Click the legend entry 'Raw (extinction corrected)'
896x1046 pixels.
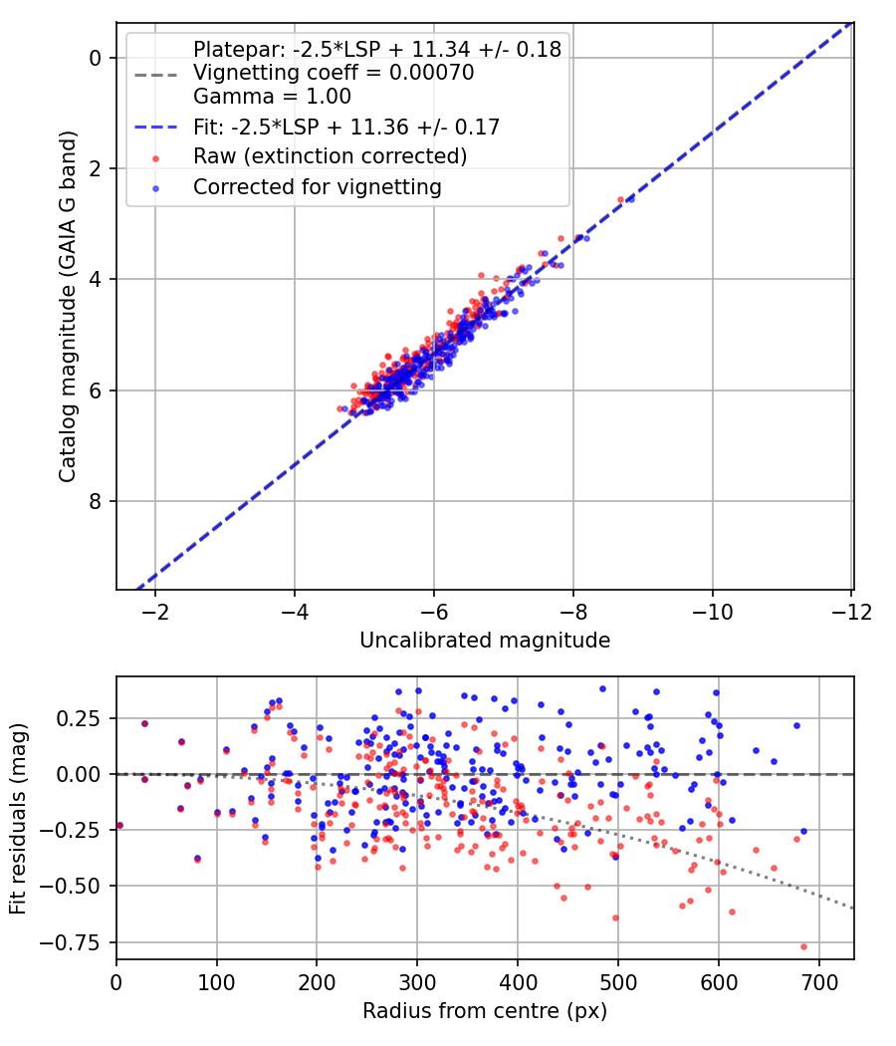pyautogui.click(x=330, y=156)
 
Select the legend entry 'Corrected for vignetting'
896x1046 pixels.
pyautogui.click(x=317, y=186)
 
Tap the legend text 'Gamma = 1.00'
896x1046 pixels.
pyautogui.click(x=272, y=98)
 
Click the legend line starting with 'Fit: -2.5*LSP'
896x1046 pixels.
pyautogui.click(x=345, y=127)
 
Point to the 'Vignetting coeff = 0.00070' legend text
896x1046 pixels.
pyautogui.click(x=334, y=73)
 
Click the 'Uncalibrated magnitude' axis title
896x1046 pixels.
pyautogui.click(x=484, y=641)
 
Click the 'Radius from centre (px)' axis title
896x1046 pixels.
pyautogui.click(x=484, y=1011)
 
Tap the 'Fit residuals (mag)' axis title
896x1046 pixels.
pyautogui.click(x=18, y=818)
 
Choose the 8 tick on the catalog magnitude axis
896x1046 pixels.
pyautogui.click(x=96, y=501)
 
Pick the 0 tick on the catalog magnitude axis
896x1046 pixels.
pyautogui.click(x=96, y=58)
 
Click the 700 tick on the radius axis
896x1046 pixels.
pyautogui.click(x=818, y=979)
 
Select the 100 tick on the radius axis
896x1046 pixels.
pyautogui.click(x=217, y=979)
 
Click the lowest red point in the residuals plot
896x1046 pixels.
pyautogui.click(x=803, y=946)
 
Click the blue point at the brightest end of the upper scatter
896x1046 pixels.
pyautogui.click(x=629, y=198)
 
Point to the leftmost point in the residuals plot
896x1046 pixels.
pyautogui.click(x=119, y=825)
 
